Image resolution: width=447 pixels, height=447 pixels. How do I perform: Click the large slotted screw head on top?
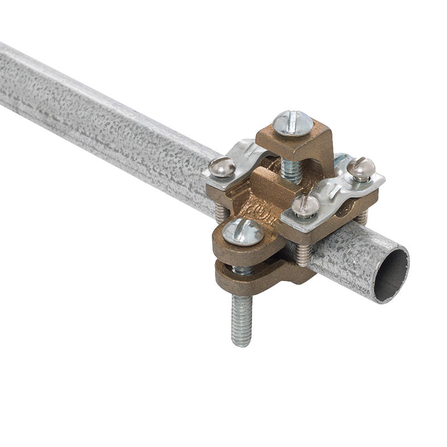coord(293,122)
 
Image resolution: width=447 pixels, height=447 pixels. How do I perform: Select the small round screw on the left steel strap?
coord(222,167)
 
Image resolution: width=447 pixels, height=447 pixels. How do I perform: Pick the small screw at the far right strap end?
coord(361,168)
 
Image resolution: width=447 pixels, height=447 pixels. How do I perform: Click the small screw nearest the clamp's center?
coord(306,206)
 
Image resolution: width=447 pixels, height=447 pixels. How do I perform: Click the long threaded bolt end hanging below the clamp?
coord(242,318)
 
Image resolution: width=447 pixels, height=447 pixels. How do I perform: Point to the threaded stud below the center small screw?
coord(304,254)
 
